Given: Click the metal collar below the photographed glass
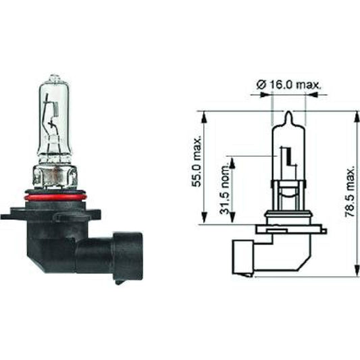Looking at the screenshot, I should [53, 177].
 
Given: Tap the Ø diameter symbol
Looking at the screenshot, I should [260, 84].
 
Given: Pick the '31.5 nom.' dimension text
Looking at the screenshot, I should [225, 192].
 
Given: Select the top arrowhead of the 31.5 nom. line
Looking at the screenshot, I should [233, 161].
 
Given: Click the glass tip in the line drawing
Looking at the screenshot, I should [288, 115].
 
